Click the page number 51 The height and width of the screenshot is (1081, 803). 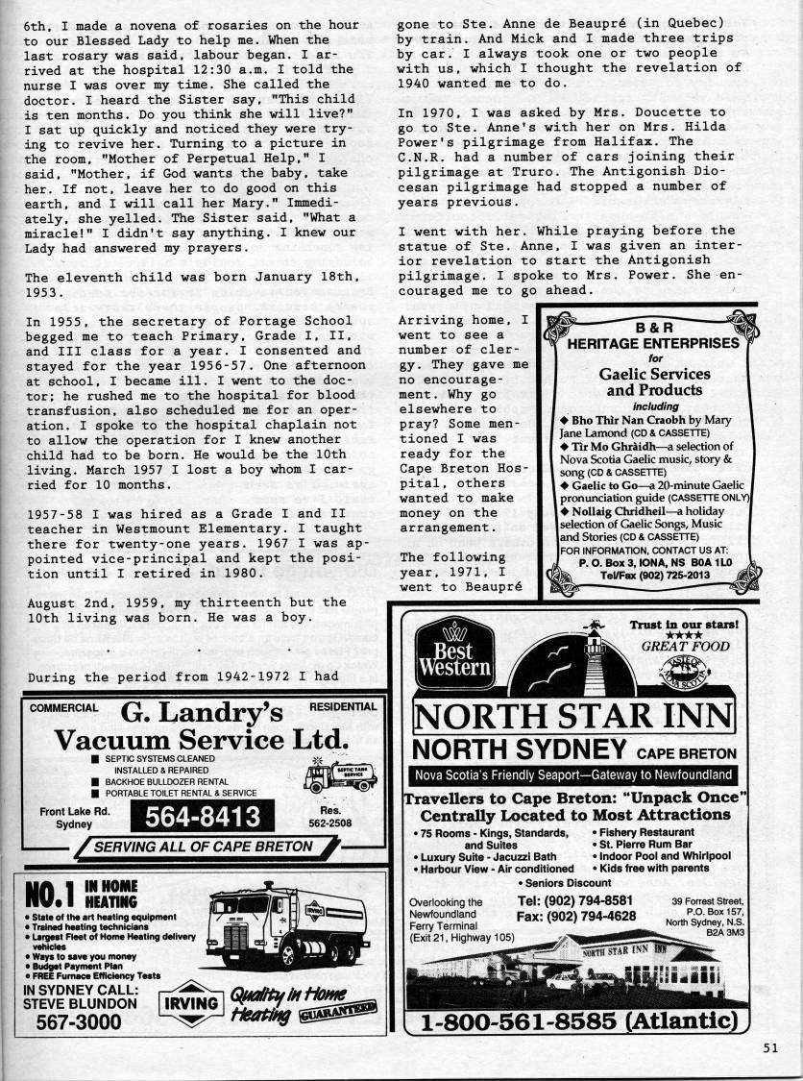[x=769, y=1048]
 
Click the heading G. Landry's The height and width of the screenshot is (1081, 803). [x=203, y=713]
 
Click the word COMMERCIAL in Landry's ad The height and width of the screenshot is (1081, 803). [x=63, y=707]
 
